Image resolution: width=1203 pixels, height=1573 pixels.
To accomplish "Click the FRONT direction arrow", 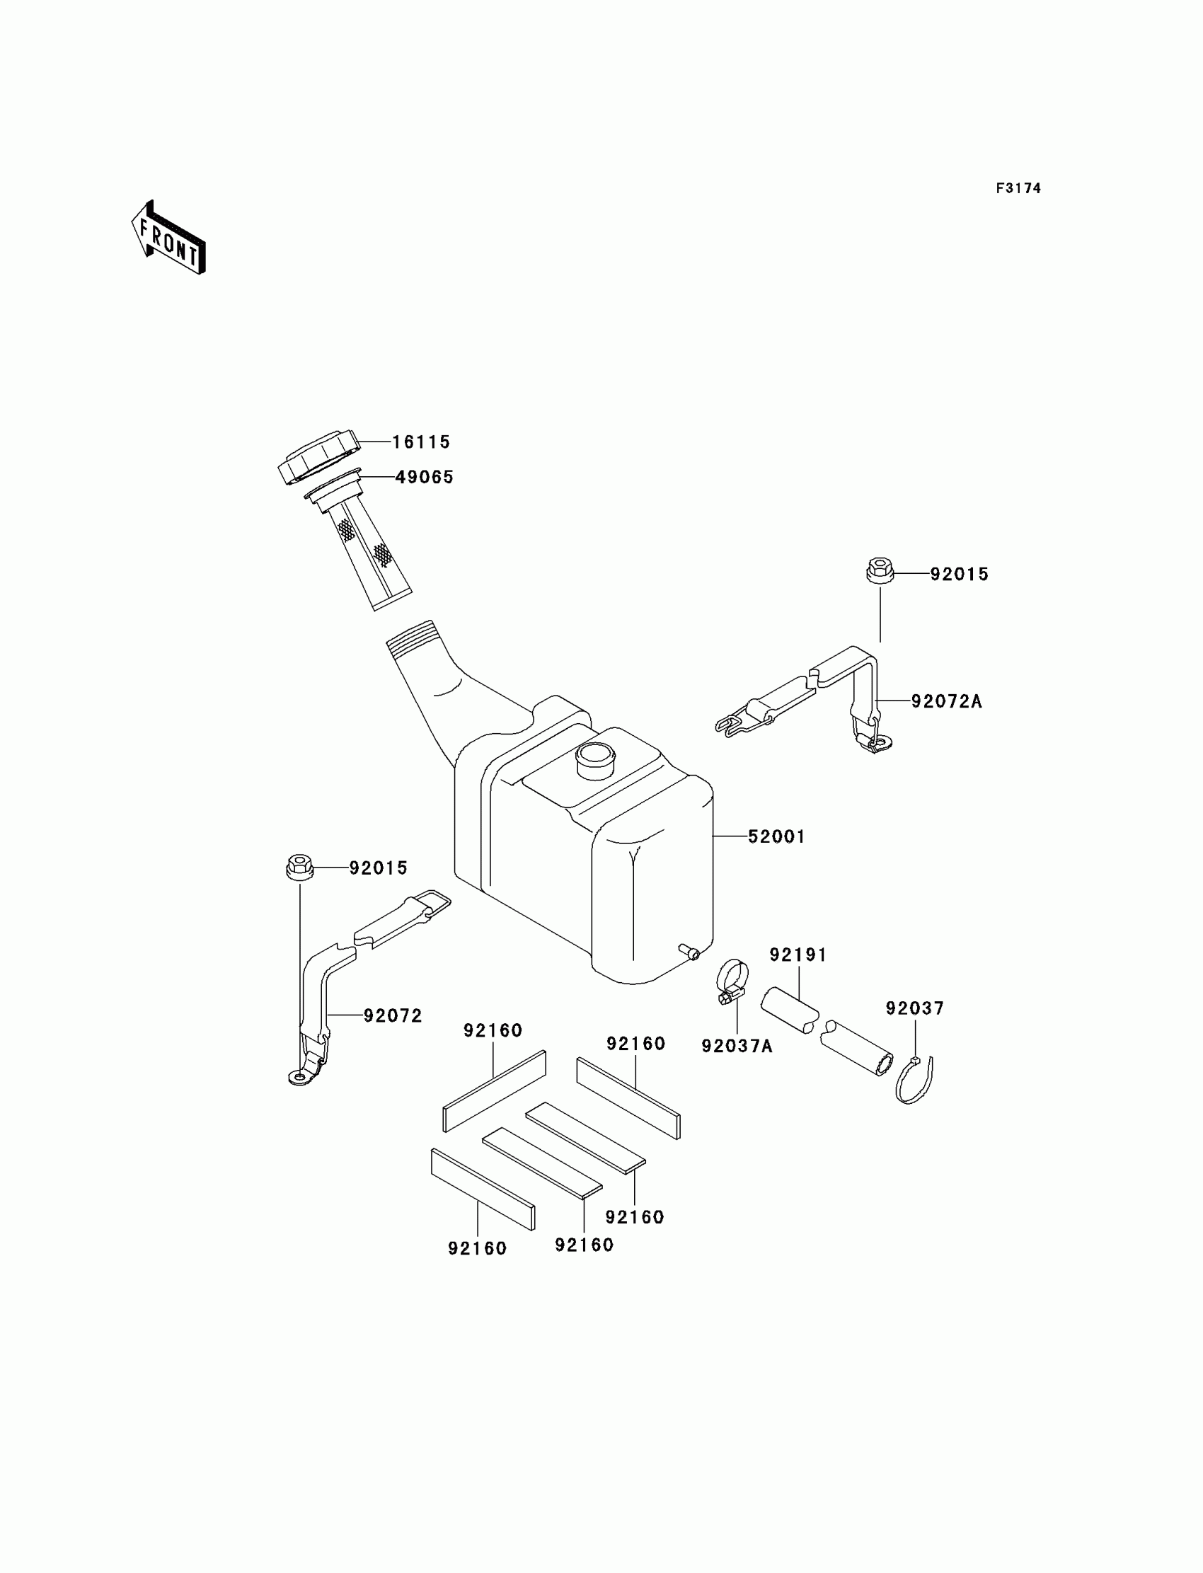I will point(169,238).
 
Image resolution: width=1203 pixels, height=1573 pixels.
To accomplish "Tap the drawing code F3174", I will point(1018,188).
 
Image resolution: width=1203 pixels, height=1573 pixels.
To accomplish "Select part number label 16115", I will point(421,442).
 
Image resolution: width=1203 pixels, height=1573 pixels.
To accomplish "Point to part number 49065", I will point(425,477).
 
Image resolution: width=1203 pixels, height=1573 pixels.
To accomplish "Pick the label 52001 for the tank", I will point(776,836).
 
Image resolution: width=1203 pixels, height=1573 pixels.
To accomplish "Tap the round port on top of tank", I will point(594,760).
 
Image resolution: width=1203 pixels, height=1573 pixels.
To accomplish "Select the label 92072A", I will point(946,702).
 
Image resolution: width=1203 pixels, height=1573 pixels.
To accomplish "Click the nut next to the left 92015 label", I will point(299,868).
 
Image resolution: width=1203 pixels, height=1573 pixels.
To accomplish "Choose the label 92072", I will point(393,1015).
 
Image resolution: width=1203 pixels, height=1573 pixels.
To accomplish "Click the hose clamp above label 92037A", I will point(732,979).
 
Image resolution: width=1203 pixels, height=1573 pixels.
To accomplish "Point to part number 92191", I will point(798,955).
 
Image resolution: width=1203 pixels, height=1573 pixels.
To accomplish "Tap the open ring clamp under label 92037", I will point(914,1081).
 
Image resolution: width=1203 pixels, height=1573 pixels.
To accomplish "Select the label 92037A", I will point(737,1046).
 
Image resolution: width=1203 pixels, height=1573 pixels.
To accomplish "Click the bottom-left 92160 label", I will point(477,1248).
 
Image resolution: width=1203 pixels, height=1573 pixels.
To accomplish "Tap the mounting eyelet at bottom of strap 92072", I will point(301,1077).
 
